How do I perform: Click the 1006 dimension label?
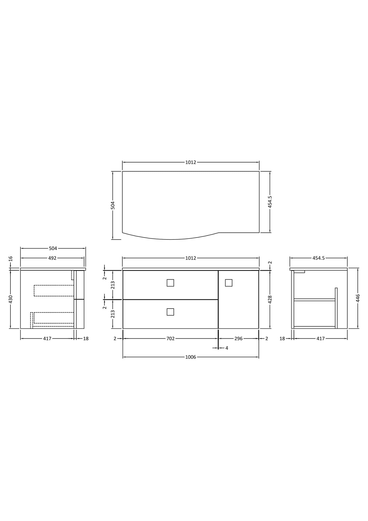[x=190, y=357]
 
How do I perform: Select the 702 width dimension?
[x=170, y=339]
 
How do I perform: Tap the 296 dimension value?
[x=238, y=339]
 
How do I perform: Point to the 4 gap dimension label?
[x=227, y=348]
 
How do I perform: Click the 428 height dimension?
[x=270, y=299]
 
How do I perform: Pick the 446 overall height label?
[x=358, y=298]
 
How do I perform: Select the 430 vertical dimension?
[x=10, y=299]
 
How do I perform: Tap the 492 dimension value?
[x=52, y=258]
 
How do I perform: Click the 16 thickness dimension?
[x=10, y=259]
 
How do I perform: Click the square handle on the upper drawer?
[x=170, y=283]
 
